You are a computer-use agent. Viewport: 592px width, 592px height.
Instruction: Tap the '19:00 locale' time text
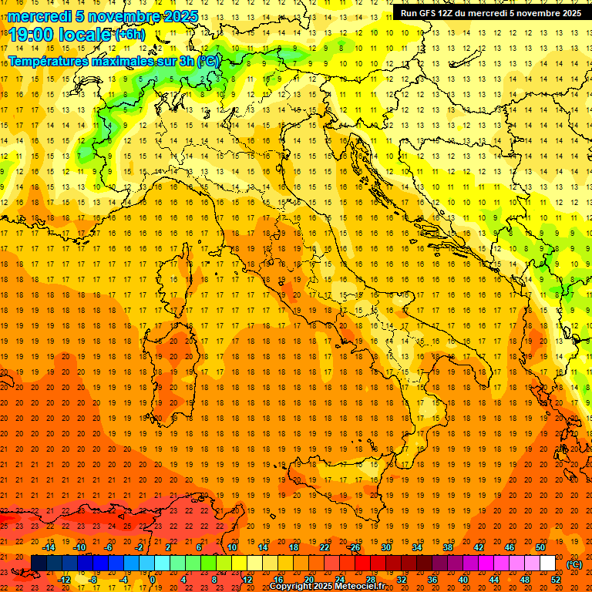(60, 35)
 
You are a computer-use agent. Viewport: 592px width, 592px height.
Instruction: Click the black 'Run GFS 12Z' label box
(490, 12)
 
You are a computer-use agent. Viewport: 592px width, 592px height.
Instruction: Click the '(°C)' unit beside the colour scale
(574, 564)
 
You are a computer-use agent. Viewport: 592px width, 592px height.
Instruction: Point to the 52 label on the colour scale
(556, 580)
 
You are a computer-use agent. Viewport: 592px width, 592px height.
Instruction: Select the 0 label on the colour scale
(153, 580)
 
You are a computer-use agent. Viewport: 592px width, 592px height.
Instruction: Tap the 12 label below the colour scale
(247, 580)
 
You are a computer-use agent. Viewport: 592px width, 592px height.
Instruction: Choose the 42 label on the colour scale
(479, 547)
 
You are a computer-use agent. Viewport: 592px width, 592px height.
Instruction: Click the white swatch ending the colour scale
(547, 563)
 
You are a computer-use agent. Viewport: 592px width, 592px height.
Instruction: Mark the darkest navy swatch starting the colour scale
(39, 563)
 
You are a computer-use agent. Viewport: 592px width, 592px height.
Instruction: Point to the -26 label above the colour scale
(354, 547)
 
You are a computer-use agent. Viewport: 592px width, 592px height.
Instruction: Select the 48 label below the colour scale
(525, 580)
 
